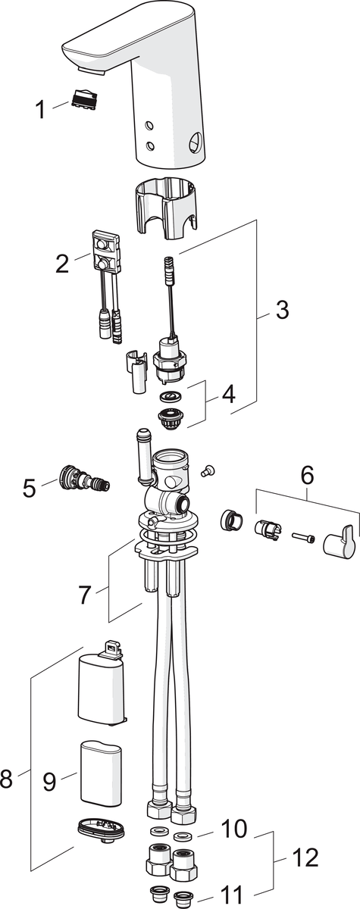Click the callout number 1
(40, 110)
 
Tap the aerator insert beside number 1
(84, 98)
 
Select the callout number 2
(62, 264)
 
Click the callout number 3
(282, 310)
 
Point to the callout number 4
(228, 394)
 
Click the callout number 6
(307, 475)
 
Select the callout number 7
(84, 595)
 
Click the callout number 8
(6, 778)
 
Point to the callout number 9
(49, 781)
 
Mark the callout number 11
(231, 895)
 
